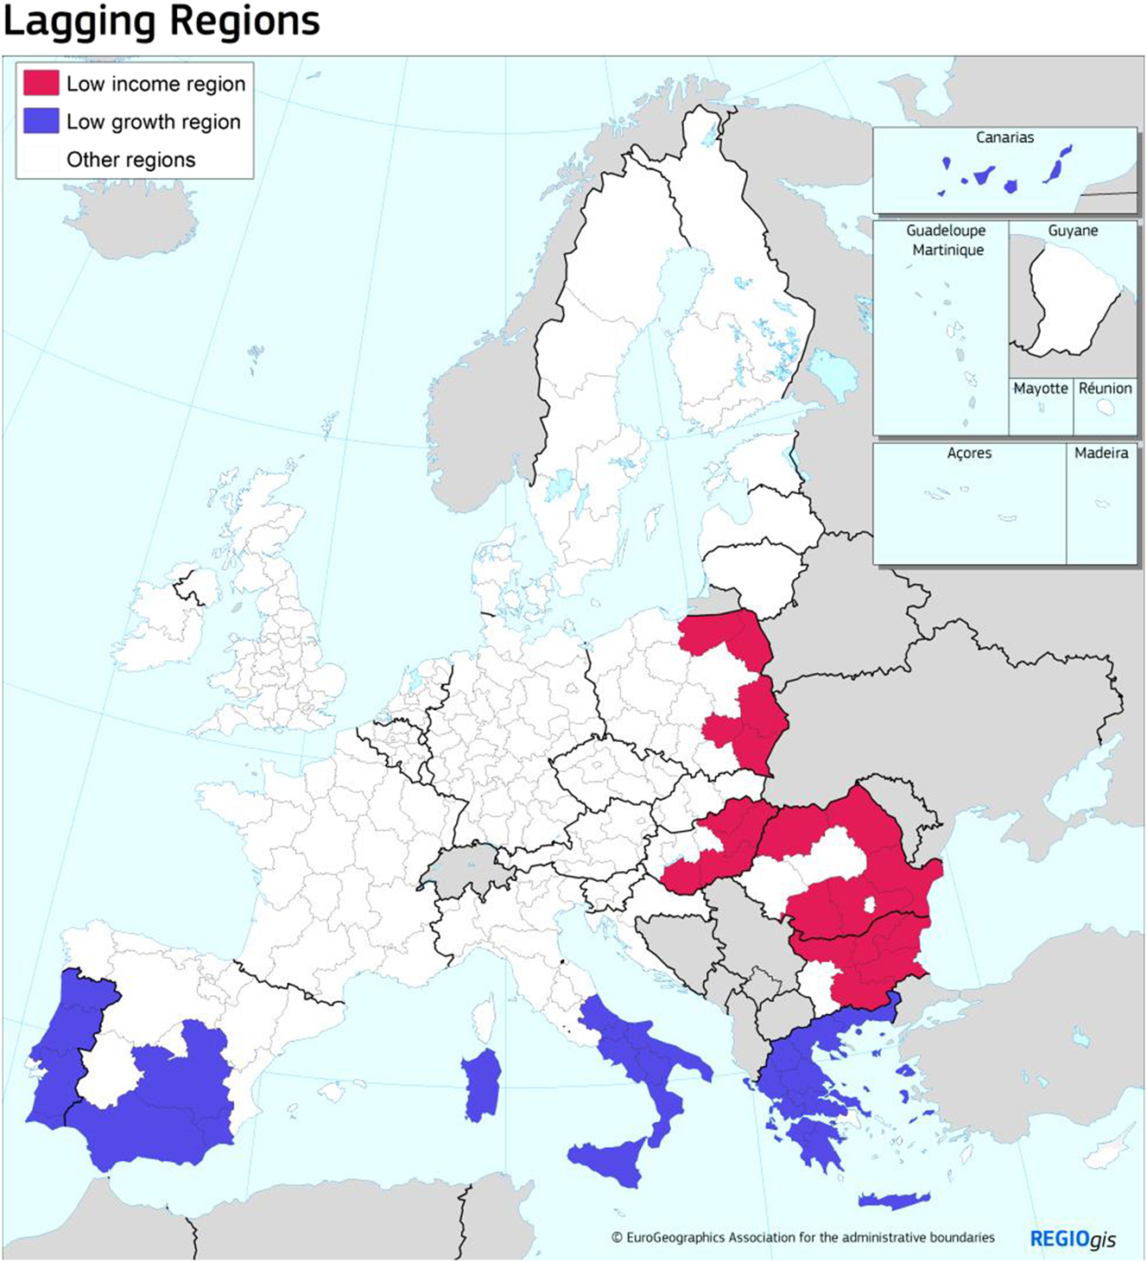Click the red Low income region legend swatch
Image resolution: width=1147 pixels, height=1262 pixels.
41,83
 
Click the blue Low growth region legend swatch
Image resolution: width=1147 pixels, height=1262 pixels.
41,121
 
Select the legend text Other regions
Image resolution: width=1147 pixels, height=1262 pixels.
130,160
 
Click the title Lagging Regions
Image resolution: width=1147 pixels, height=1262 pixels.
162,21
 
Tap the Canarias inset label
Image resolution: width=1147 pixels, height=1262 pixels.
1004,137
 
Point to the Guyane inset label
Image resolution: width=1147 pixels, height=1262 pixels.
1073,231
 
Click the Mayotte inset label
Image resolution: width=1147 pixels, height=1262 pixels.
1040,389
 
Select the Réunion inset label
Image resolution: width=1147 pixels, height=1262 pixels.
1105,389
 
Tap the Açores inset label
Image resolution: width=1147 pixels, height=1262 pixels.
969,453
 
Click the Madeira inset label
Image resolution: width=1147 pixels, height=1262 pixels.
1101,453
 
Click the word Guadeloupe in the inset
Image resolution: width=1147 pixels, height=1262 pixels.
946,231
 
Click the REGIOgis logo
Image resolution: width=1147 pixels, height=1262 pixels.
1073,1240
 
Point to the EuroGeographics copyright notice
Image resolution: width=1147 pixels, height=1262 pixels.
803,1238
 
